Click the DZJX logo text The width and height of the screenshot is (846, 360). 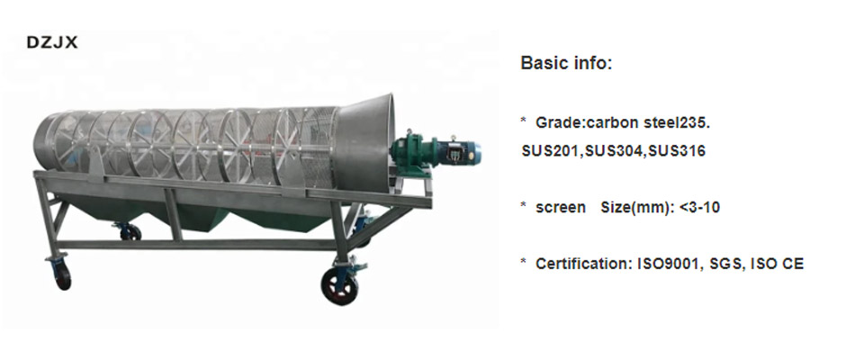click(x=52, y=42)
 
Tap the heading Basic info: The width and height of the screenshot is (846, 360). click(x=566, y=63)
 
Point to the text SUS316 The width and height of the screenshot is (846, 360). click(x=677, y=150)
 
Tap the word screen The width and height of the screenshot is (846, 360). click(x=561, y=208)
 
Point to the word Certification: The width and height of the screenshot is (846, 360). click(x=584, y=264)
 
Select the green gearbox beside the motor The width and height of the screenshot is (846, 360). click(x=414, y=152)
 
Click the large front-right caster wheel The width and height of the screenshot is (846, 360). click(x=338, y=286)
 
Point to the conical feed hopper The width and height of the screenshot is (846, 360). click(x=365, y=144)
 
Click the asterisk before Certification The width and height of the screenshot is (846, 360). click(x=524, y=262)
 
